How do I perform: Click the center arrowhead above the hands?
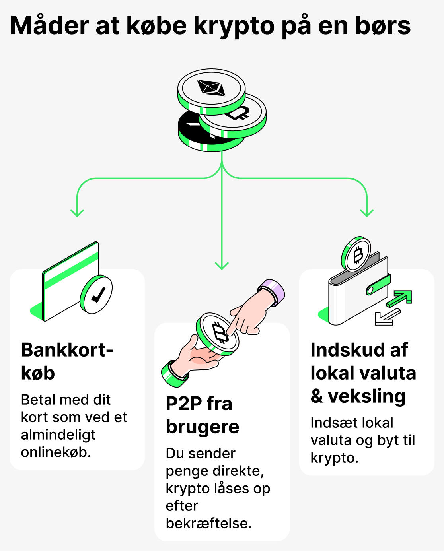pos(222,265)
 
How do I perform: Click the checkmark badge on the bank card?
pos(96,295)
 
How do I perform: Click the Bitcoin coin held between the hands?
pos(218,333)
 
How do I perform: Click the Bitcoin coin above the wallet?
pos(356,255)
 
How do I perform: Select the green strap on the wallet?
pos(378,285)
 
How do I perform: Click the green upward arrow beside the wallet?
pos(400,298)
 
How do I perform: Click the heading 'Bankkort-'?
pos(67,350)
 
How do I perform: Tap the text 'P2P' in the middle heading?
pos(183,404)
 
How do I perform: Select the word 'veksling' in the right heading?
pos(366,396)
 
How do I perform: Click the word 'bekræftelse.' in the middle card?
pos(208,523)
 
